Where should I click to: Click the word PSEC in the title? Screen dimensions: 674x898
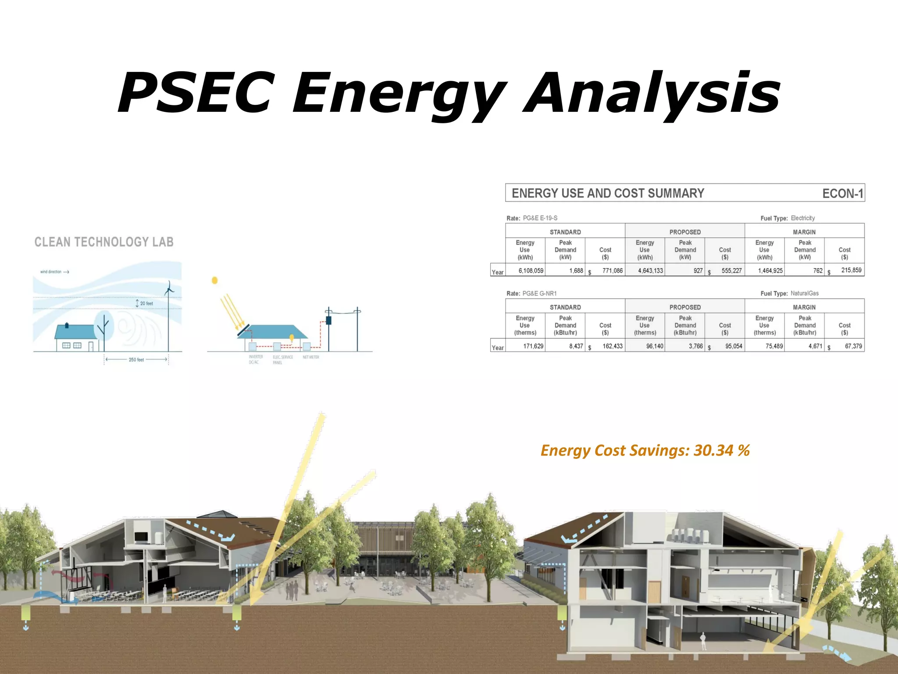(x=196, y=93)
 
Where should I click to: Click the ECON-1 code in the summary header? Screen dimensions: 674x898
(x=842, y=194)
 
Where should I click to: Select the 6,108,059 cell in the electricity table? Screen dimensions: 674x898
(x=531, y=271)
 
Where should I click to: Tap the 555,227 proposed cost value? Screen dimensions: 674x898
(x=731, y=271)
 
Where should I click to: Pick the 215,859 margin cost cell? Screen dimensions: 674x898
(x=851, y=270)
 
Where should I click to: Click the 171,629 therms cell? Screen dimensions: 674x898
(x=533, y=346)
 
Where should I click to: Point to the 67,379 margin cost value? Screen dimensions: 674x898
(x=853, y=346)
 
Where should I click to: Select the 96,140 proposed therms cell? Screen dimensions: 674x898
(x=654, y=346)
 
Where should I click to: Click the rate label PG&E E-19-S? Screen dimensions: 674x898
(x=540, y=218)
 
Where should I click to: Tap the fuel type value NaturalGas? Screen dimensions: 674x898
(x=804, y=293)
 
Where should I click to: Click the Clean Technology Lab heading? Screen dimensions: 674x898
(x=104, y=242)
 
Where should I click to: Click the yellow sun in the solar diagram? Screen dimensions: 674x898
(x=214, y=280)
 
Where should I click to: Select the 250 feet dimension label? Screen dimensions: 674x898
(x=136, y=360)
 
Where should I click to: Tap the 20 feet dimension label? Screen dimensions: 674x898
(x=146, y=303)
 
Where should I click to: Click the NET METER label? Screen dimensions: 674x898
(x=311, y=357)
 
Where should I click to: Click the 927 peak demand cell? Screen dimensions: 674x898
(x=698, y=271)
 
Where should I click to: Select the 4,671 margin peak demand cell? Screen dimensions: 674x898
(x=815, y=346)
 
